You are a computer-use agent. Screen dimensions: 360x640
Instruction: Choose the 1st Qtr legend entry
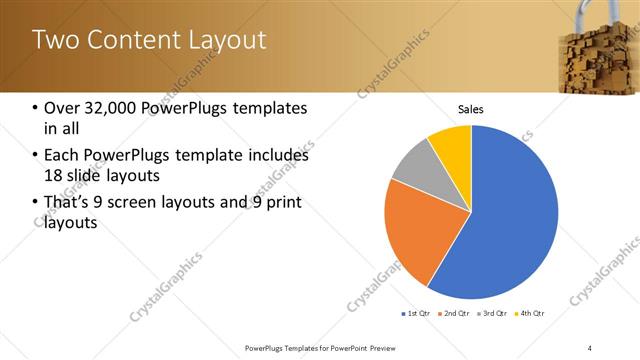coord(417,314)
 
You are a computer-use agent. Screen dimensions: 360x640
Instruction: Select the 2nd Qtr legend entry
coord(456,314)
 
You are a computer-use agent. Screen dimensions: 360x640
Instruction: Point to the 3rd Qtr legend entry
coord(495,314)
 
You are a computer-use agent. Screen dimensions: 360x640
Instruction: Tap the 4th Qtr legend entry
coord(531,314)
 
